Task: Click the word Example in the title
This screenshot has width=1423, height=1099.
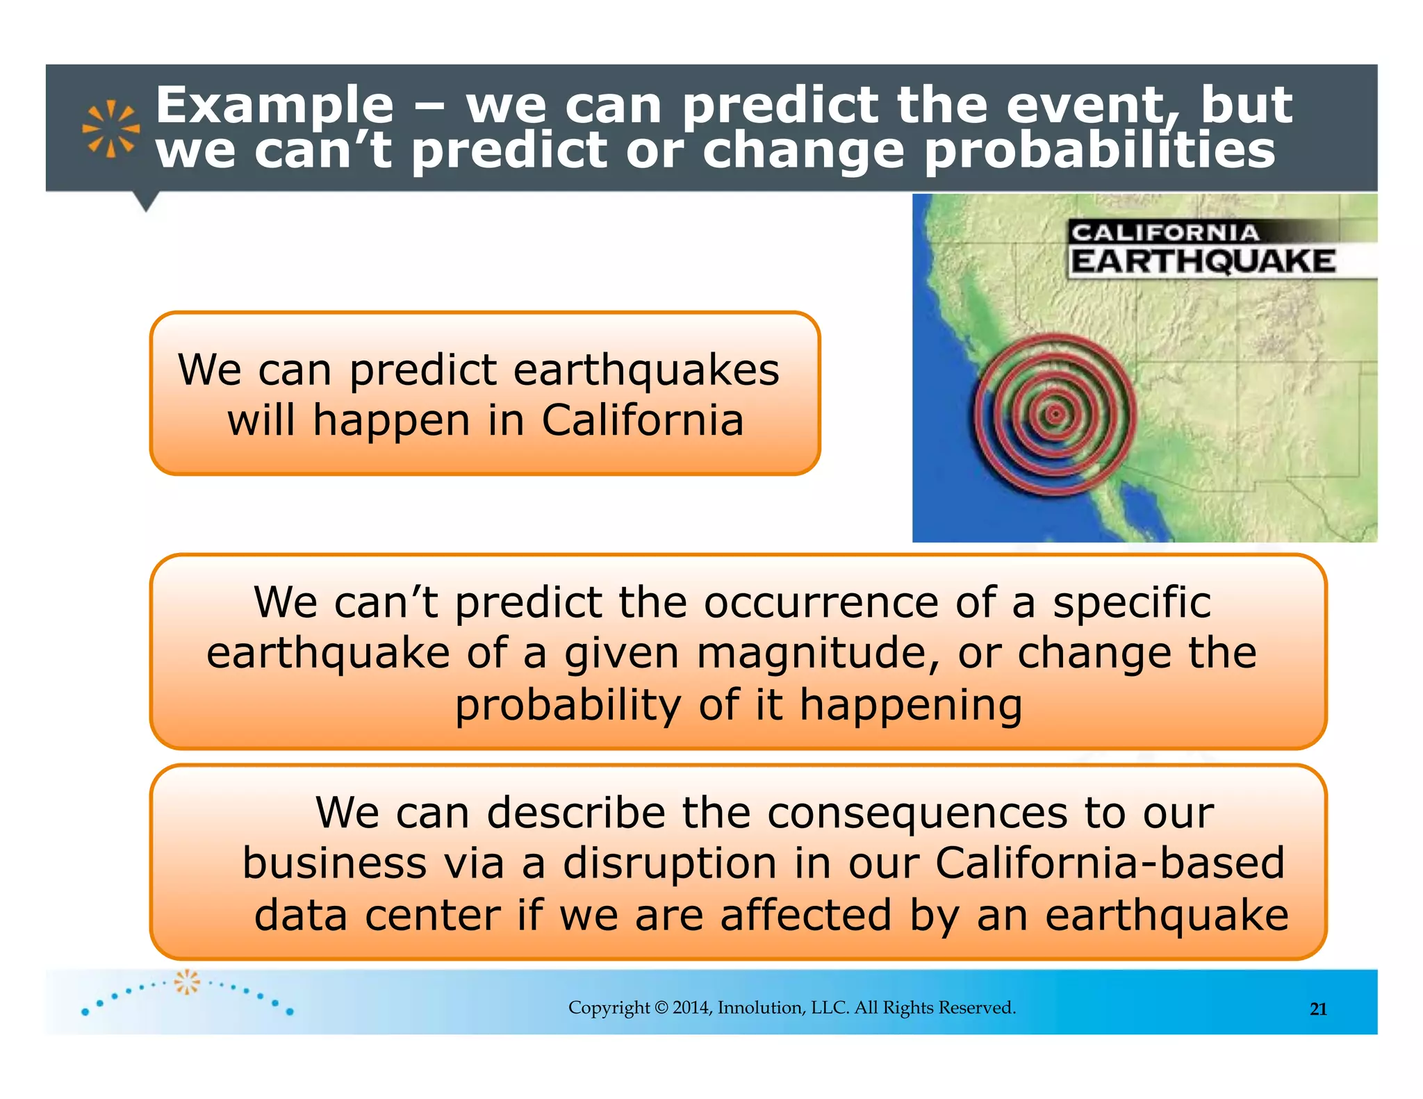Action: pyautogui.click(x=274, y=106)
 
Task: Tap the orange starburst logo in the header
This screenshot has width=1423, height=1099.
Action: pyautogui.click(x=110, y=129)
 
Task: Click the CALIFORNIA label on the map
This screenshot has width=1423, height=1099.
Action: pyautogui.click(x=1165, y=233)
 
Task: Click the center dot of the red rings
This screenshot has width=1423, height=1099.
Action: pyautogui.click(x=1055, y=414)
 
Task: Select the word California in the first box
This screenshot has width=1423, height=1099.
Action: pyautogui.click(x=642, y=421)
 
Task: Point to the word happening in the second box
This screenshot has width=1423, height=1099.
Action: pyautogui.click(x=910, y=705)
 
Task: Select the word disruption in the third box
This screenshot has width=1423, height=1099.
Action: pyautogui.click(x=669, y=863)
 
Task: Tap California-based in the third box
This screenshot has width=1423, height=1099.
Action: pyautogui.click(x=1110, y=863)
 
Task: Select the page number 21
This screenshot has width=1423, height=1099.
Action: pyautogui.click(x=1318, y=1009)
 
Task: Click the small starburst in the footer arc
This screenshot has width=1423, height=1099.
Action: pyautogui.click(x=187, y=982)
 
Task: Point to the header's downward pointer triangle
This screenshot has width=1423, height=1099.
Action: pyautogui.click(x=146, y=201)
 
